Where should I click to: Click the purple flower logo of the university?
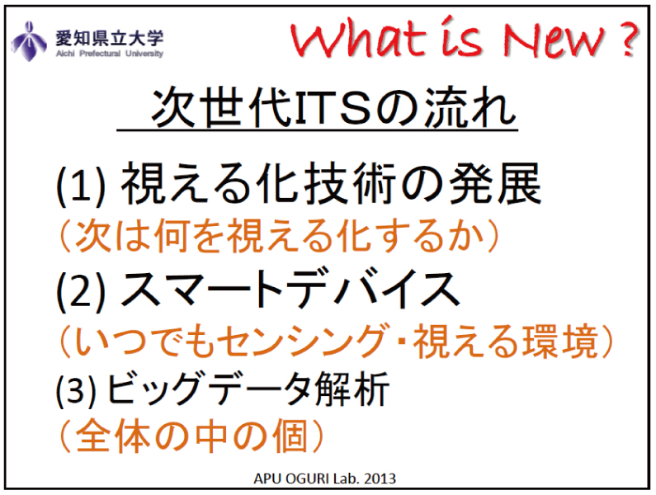[x=28, y=41]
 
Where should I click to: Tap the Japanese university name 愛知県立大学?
[x=109, y=38]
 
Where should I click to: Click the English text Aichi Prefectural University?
[x=109, y=54]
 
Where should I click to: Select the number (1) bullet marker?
[x=81, y=186]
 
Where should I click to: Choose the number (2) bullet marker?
[x=81, y=290]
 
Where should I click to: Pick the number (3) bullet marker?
[x=76, y=390]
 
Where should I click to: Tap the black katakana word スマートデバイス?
[x=290, y=289]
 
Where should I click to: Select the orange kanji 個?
[x=290, y=436]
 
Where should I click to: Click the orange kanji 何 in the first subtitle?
[x=171, y=236]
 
